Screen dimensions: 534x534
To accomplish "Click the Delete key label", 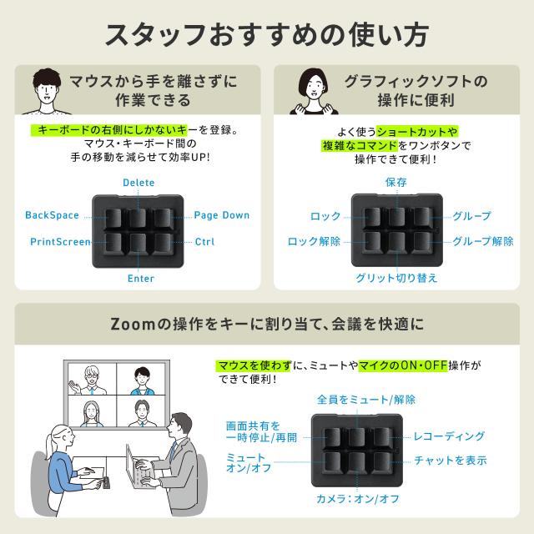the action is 139,183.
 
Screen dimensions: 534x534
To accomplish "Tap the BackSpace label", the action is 52,215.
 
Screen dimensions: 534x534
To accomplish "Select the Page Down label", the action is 222,215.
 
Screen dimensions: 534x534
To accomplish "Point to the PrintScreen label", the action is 61,241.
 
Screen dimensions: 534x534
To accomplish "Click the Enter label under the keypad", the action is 141,278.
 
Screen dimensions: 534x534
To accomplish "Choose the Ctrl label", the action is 204,242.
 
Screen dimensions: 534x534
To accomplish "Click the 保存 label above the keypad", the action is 396,182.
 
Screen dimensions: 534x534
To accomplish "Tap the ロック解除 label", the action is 314,241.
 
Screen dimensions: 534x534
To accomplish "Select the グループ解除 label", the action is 483,241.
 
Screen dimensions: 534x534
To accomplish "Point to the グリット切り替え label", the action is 396,278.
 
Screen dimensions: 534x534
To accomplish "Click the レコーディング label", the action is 449,436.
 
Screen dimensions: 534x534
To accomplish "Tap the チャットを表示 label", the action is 451,461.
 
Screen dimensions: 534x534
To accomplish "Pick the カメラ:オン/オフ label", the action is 358,499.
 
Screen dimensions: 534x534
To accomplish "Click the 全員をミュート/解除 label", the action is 366,400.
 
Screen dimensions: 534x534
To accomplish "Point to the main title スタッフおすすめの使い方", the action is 267,35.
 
